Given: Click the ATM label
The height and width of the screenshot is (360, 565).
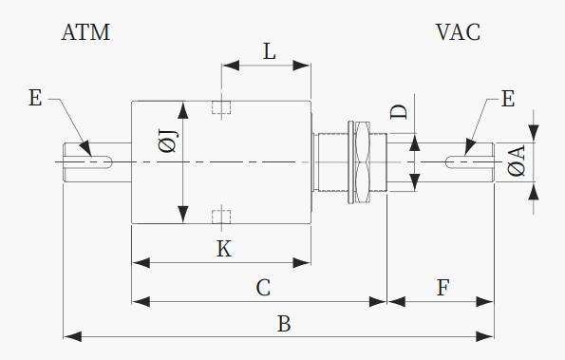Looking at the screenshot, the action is [x=85, y=32].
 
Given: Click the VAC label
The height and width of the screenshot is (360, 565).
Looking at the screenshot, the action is [x=458, y=32].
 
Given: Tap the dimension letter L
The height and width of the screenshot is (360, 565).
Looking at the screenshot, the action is [x=269, y=51].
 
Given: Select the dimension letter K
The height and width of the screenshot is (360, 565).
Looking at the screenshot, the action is [x=224, y=249].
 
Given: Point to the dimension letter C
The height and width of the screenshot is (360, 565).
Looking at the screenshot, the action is [x=263, y=288].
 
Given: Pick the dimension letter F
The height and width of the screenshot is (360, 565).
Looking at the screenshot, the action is [x=443, y=288].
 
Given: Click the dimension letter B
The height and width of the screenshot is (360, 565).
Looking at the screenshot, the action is [x=284, y=324].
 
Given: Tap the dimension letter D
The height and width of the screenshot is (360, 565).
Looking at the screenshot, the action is [x=399, y=112].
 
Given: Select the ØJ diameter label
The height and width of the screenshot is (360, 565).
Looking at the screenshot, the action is [x=168, y=142].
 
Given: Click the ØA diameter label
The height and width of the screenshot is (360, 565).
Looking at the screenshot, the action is [x=517, y=161].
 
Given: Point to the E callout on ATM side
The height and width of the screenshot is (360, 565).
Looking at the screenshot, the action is [x=35, y=98].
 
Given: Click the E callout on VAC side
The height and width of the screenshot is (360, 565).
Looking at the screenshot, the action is [x=508, y=99].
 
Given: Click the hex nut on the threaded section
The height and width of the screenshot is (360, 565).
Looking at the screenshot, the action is [x=363, y=162].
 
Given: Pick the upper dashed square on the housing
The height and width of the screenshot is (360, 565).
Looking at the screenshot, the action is [x=221, y=107].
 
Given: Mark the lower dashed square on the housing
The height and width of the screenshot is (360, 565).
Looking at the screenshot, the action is [x=221, y=217].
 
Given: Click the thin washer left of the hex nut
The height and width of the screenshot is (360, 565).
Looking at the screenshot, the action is [x=351, y=162].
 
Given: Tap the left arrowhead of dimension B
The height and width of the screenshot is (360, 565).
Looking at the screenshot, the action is [x=72, y=337].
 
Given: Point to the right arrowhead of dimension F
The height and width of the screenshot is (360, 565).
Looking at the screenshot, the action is [x=485, y=302].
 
